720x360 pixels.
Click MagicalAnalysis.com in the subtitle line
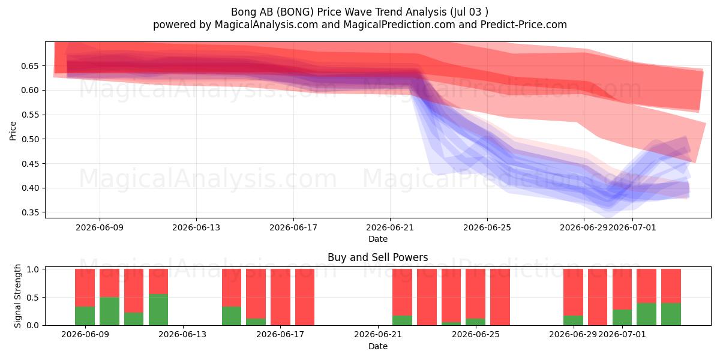[266, 25]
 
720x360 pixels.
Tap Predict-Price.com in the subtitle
[524, 25]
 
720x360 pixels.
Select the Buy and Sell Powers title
[377, 257]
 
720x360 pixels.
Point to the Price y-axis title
[13, 131]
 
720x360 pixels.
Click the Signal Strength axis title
[17, 296]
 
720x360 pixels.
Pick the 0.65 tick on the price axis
[29, 66]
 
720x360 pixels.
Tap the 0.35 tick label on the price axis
[29, 213]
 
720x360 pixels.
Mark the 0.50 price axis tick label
[29, 139]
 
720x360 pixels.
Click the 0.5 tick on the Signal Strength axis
[32, 298]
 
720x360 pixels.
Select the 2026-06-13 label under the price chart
[196, 227]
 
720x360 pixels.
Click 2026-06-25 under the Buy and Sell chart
[476, 334]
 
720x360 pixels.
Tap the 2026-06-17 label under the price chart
[293, 227]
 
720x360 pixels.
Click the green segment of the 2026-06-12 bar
[158, 310]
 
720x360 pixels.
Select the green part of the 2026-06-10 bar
[109, 311]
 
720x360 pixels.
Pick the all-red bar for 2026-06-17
[280, 297]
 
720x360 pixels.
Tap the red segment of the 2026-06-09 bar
[85, 287]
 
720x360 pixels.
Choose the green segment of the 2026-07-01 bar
[622, 317]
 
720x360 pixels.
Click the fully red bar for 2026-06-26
[500, 297]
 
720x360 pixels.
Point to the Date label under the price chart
[377, 239]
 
